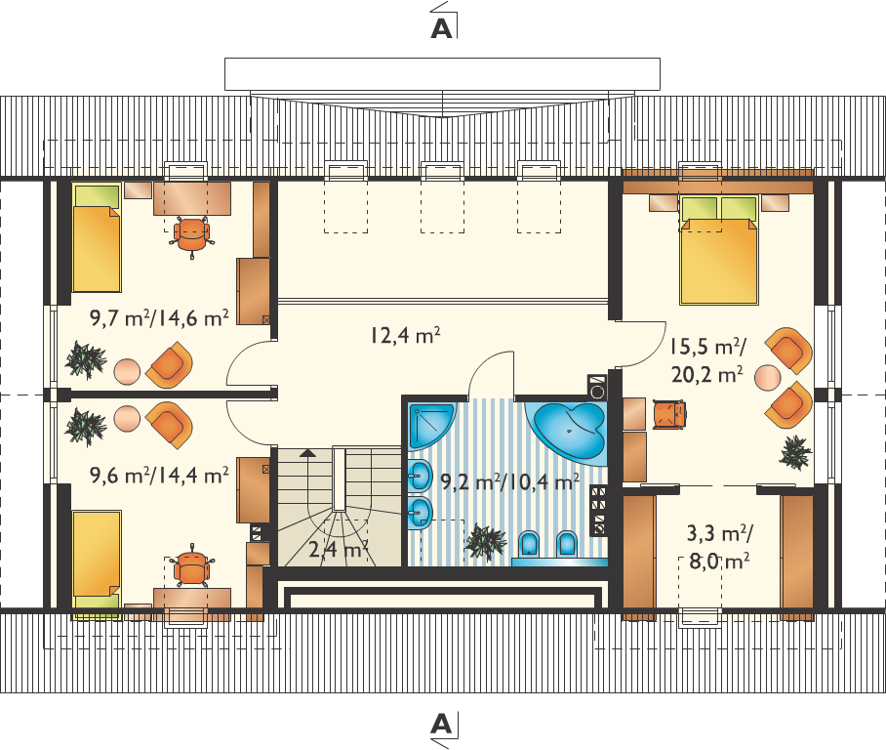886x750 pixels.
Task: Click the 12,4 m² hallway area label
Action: click(405, 335)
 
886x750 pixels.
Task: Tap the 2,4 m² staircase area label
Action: click(339, 549)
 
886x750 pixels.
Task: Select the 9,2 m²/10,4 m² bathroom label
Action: click(509, 481)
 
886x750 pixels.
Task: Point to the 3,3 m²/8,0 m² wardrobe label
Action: click(719, 547)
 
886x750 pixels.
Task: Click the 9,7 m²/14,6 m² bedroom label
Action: click(159, 318)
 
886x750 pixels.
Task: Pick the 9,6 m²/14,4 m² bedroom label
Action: click(159, 476)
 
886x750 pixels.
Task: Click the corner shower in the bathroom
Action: click(430, 426)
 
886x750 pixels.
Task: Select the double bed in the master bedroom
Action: click(719, 250)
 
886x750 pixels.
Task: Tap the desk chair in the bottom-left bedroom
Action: click(192, 566)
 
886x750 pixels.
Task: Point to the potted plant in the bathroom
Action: click(485, 542)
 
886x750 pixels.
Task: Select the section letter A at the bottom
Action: click(442, 724)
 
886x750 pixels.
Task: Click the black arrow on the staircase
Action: click(307, 452)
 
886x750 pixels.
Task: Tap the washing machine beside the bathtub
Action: click(597, 388)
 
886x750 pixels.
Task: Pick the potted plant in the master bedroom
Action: click(795, 452)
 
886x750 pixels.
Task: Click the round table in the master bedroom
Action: click(767, 377)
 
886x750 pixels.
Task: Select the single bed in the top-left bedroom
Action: click(97, 237)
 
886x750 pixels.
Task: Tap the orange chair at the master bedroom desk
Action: click(669, 415)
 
